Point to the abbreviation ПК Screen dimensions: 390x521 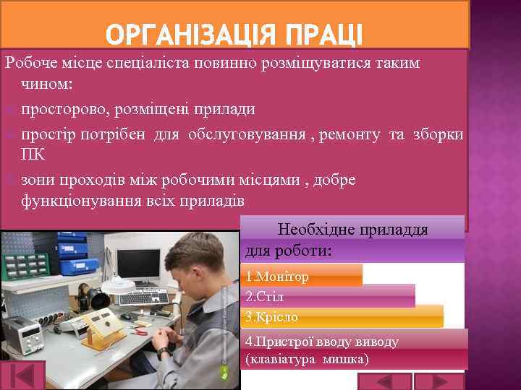click(x=33, y=155)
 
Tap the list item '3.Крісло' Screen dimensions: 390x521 click(x=272, y=317)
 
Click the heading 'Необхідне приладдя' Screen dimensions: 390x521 click(x=352, y=230)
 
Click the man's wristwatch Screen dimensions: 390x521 click(x=164, y=350)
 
